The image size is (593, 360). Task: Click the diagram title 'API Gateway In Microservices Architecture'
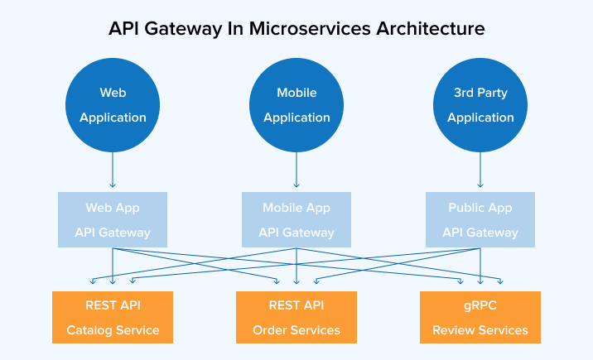[x=296, y=28]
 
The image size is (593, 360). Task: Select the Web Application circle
[x=113, y=105]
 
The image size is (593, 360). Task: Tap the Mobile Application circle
[x=296, y=105]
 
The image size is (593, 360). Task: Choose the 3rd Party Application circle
[x=480, y=105]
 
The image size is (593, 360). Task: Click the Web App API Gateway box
[x=113, y=220]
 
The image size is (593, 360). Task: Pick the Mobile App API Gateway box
[x=296, y=220]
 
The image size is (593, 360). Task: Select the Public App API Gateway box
[x=480, y=220]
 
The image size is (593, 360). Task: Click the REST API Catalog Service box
[x=113, y=318]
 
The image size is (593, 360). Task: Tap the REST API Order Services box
[x=296, y=318]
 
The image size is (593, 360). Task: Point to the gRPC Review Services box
[x=480, y=318]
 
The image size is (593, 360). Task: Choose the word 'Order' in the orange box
[x=271, y=330]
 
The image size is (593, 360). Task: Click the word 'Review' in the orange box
[x=454, y=330]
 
